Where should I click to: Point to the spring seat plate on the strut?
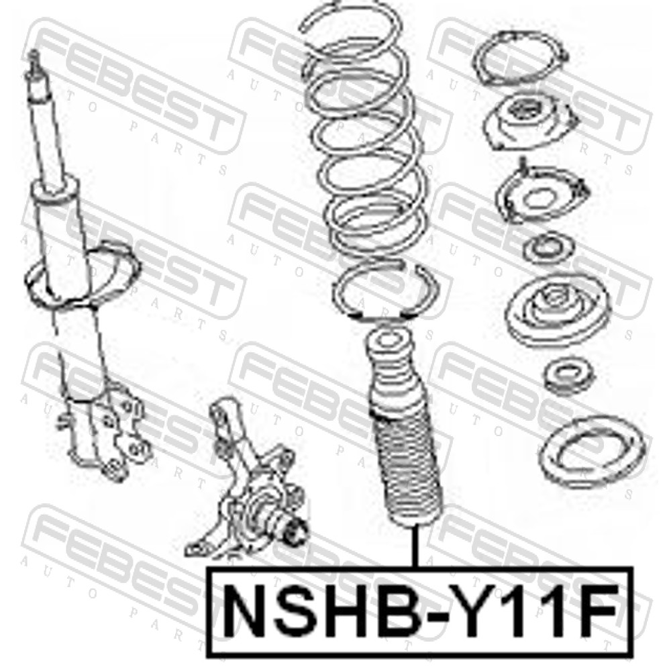[81, 274]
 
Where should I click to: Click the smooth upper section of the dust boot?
[393, 368]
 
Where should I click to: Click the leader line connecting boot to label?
[414, 547]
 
